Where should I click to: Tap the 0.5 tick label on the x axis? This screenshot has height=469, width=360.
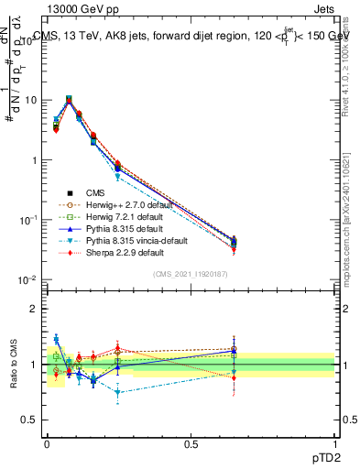point(191,442)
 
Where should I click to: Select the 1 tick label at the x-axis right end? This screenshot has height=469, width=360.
point(334,442)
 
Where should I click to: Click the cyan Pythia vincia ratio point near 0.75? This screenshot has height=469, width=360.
point(118,391)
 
